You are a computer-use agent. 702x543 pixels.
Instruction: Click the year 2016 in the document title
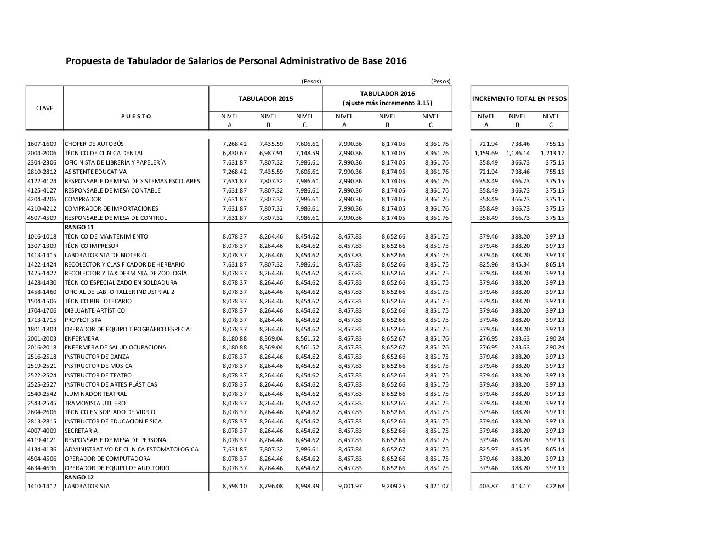(395, 61)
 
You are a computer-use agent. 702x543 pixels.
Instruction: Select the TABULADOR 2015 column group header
(265, 99)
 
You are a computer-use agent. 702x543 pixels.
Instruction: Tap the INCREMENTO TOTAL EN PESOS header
(519, 99)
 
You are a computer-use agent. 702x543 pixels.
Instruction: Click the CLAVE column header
(44, 108)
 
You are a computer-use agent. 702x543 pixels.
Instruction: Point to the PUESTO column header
(136, 116)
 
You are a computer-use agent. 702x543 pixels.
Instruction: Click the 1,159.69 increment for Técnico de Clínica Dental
(486, 153)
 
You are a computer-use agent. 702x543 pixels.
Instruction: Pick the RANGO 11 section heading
(79, 227)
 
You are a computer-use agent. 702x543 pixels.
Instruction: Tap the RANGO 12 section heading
(79, 477)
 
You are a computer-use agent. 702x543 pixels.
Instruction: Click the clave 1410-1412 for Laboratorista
(42, 486)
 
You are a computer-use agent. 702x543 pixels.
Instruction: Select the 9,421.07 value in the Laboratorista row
(437, 486)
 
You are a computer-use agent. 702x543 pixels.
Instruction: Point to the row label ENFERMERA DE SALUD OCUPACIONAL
(117, 347)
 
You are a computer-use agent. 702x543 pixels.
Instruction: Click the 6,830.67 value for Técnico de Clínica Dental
(235, 153)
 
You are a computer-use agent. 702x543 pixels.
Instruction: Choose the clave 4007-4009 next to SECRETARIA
(42, 431)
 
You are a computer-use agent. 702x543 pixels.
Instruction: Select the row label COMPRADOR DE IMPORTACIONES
(111, 208)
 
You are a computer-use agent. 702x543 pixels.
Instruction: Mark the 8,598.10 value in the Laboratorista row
(235, 486)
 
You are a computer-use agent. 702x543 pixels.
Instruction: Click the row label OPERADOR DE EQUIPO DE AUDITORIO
(117, 468)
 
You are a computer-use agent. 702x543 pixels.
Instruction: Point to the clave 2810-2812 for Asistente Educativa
(42, 172)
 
